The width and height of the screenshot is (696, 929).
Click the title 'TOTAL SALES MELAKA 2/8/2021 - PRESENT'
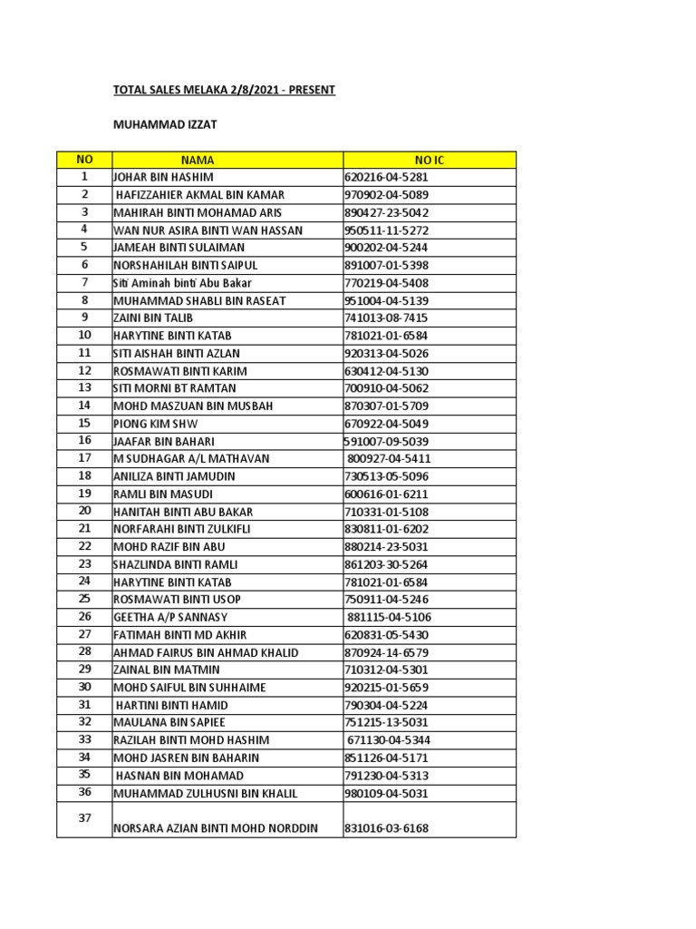pyautogui.click(x=223, y=91)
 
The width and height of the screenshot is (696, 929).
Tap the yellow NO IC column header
pyautogui.click(x=430, y=161)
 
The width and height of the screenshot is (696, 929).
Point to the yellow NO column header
pyautogui.click(x=84, y=161)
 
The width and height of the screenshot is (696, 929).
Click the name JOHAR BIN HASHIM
pyautogui.click(x=163, y=178)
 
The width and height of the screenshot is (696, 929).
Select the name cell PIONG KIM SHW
pyautogui.click(x=156, y=424)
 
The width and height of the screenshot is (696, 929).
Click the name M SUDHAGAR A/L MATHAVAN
pyautogui.click(x=191, y=459)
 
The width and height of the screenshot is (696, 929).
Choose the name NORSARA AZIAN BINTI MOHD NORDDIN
pyautogui.click(x=216, y=828)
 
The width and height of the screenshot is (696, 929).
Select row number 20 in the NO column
pyautogui.click(x=84, y=511)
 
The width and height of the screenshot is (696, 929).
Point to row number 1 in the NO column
pyautogui.click(x=84, y=177)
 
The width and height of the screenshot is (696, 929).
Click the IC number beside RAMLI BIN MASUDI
pyautogui.click(x=386, y=494)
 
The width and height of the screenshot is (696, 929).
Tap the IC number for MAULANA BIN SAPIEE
pyautogui.click(x=386, y=723)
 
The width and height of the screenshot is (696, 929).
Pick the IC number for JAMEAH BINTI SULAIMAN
pyautogui.click(x=386, y=248)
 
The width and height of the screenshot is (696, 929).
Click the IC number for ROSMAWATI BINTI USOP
pyautogui.click(x=386, y=600)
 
